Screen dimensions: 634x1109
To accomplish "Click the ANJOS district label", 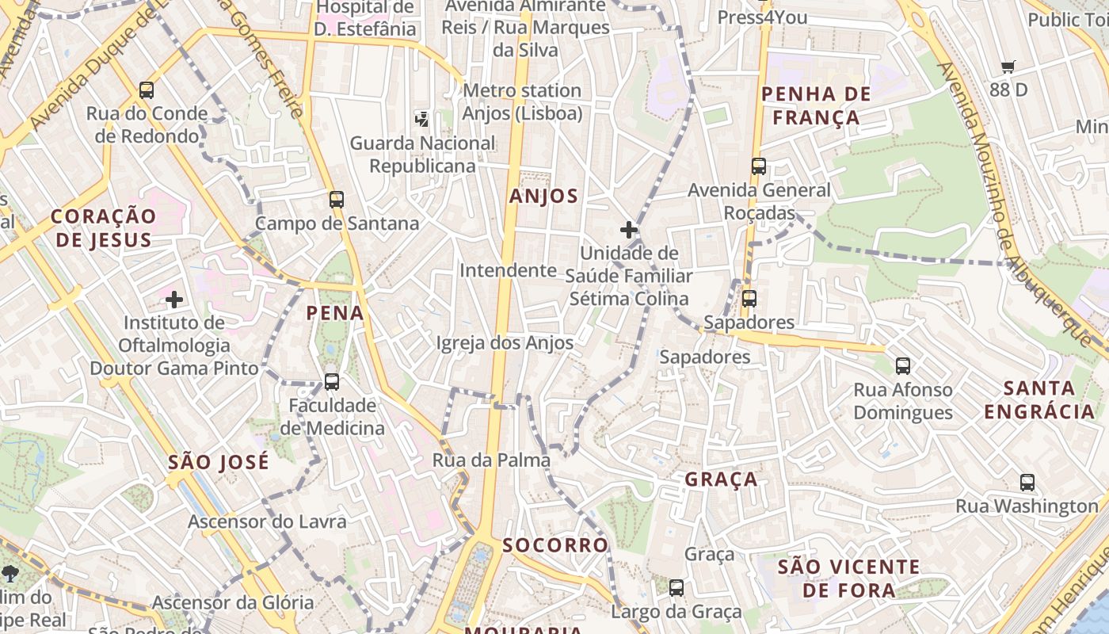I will [x=544, y=197].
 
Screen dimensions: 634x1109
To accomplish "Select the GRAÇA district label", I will [x=721, y=479].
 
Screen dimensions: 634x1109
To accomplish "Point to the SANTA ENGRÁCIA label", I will [x=1038, y=399].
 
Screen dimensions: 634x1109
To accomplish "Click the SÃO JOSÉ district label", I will [x=219, y=462].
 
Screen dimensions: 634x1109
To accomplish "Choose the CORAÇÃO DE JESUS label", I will [x=104, y=228].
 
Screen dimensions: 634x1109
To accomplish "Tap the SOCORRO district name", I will [x=555, y=545].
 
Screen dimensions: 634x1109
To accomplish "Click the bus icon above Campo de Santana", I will [x=337, y=200].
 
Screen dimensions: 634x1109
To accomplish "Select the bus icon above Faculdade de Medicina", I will [x=332, y=382].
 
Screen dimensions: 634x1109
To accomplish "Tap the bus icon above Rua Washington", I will [x=1027, y=482].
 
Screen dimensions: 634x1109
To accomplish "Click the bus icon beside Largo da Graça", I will [x=676, y=587].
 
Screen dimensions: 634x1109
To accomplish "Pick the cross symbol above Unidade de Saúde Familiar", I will [x=629, y=230].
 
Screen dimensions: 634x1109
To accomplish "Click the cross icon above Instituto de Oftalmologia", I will [x=174, y=300].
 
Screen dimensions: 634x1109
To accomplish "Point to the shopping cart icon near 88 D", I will [x=1008, y=67].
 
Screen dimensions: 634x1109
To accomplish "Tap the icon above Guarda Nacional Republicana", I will [x=423, y=120].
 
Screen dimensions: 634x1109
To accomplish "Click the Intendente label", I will [x=508, y=270].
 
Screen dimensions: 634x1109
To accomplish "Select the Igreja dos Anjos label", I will [x=505, y=343].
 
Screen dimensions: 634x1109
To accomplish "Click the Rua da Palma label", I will [x=491, y=460].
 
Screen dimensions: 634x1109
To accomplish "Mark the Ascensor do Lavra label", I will [x=267, y=521].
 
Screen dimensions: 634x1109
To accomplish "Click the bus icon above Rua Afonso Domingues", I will [x=903, y=365].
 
